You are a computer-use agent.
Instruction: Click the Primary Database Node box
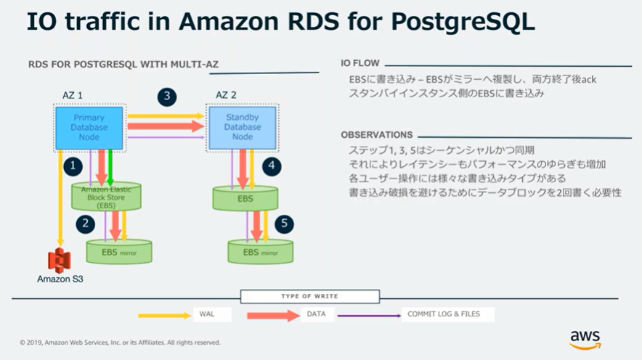click(x=89, y=127)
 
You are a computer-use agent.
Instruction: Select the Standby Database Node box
click(x=242, y=127)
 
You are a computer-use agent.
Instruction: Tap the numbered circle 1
click(x=72, y=166)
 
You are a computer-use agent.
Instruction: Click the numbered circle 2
click(x=85, y=223)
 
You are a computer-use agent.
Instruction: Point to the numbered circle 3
click(x=167, y=96)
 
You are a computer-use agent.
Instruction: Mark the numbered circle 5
click(x=285, y=224)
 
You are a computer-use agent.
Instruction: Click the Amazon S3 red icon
click(x=60, y=260)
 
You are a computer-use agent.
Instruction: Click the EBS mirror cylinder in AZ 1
click(x=121, y=252)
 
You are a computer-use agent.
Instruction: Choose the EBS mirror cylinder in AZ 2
click(x=261, y=252)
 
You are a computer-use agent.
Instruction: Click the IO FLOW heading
click(x=360, y=62)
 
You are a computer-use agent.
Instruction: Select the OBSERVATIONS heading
click(x=377, y=135)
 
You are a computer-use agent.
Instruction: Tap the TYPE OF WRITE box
click(x=309, y=297)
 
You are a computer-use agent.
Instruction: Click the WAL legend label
click(x=206, y=315)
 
